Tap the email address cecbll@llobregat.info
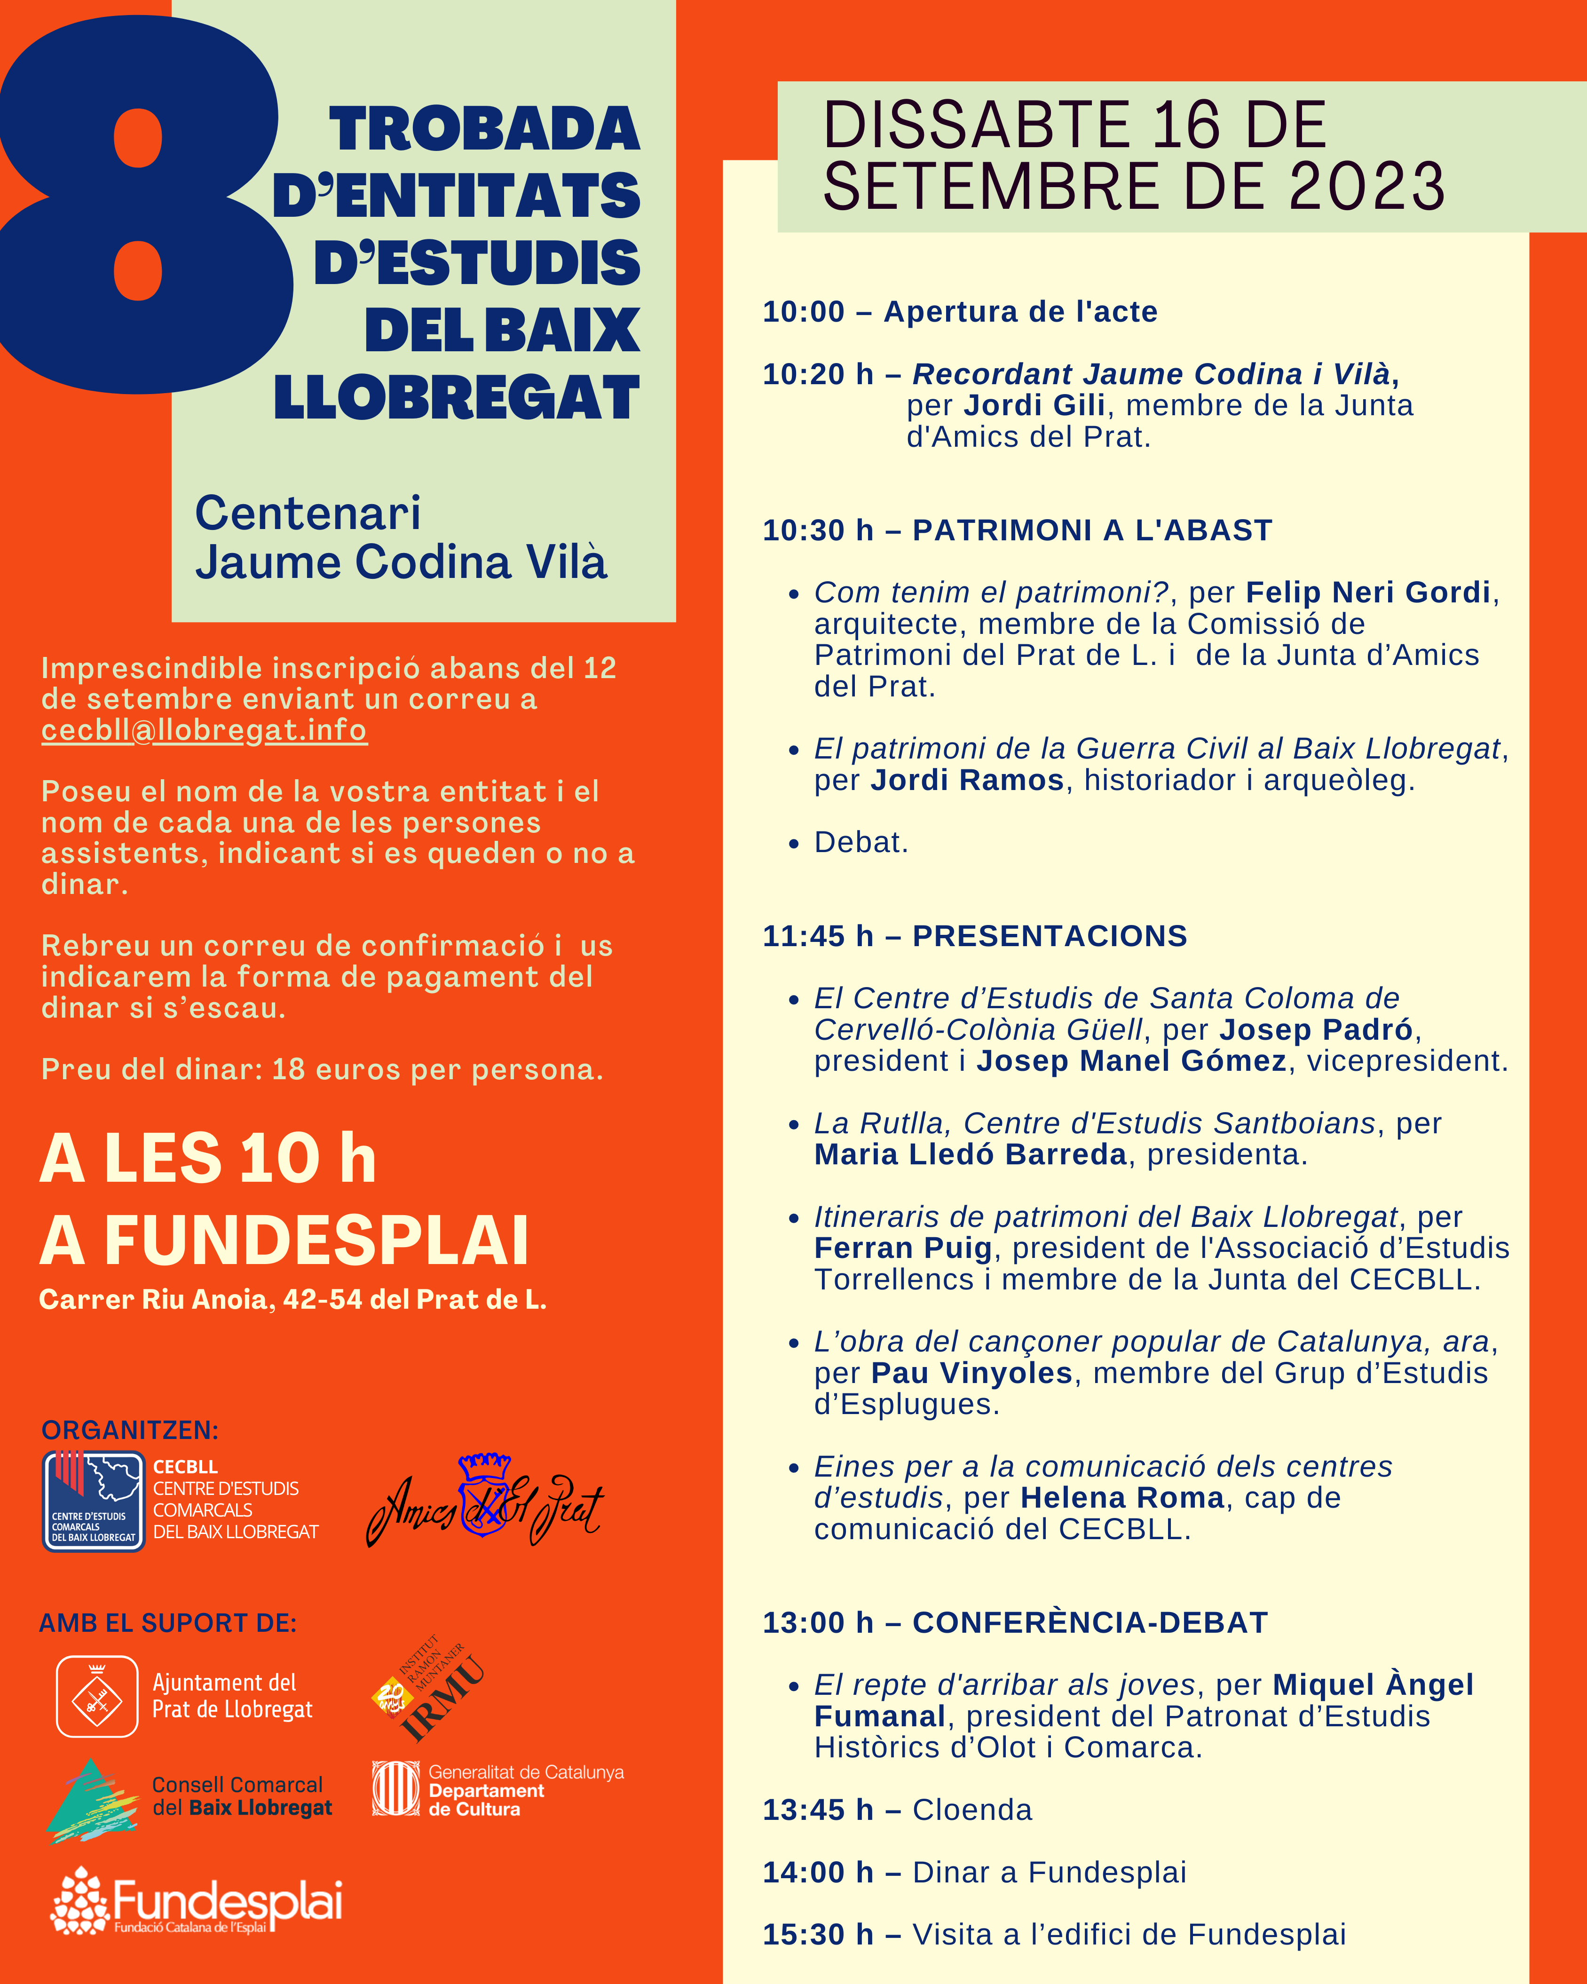point(204,730)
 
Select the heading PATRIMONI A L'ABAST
point(1092,530)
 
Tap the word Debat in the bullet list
point(860,842)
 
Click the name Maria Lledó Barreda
point(970,1154)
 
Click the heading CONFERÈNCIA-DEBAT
point(1090,1622)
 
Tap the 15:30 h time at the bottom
point(817,1934)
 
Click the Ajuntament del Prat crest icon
point(96,1697)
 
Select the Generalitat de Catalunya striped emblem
point(395,1789)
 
